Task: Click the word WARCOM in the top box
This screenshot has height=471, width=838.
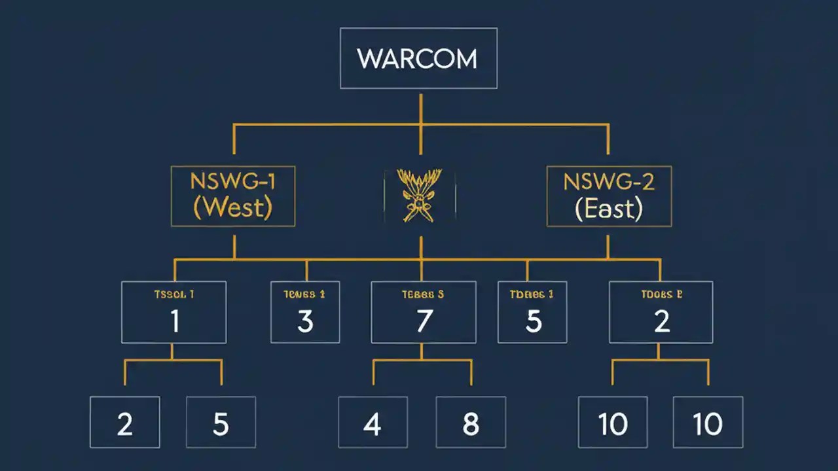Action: tap(418, 59)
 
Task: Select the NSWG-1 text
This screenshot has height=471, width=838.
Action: tap(233, 181)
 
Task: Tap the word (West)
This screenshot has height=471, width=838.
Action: tap(233, 208)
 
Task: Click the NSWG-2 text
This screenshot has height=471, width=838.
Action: tap(609, 181)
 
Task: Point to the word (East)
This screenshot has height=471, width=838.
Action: tap(608, 209)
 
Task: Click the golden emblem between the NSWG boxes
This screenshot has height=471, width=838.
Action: tap(419, 195)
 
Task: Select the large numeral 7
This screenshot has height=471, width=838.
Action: tap(424, 321)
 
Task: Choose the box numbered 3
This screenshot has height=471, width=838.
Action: tap(305, 313)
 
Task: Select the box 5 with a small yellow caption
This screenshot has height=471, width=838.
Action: tap(532, 313)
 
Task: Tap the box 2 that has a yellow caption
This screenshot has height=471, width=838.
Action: tap(661, 313)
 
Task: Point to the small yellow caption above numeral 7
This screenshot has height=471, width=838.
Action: tap(422, 294)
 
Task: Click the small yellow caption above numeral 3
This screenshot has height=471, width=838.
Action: tap(304, 294)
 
